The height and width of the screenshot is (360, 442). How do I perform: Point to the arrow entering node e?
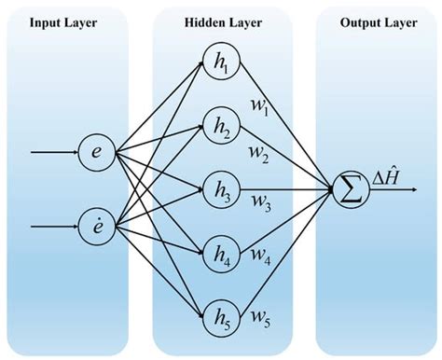click(51, 151)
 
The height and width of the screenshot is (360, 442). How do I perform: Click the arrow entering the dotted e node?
click(51, 226)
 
